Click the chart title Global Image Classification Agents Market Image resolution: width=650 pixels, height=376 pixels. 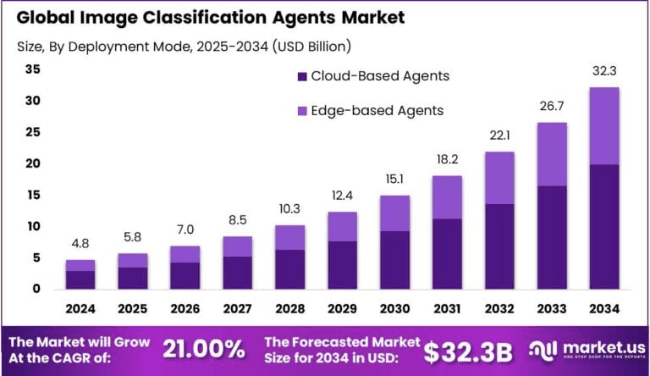(x=205, y=17)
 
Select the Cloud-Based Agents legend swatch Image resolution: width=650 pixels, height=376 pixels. (x=302, y=76)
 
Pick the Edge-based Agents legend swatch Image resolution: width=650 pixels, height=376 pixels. (x=302, y=110)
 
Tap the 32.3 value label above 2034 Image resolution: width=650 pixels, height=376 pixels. (x=604, y=74)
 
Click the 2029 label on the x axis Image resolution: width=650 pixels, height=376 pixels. (x=343, y=309)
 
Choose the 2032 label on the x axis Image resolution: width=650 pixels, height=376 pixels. (x=499, y=309)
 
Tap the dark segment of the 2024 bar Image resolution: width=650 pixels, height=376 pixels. (x=81, y=279)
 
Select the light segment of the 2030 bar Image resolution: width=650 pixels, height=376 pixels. (x=395, y=213)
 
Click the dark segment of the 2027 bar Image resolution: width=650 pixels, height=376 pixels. (x=238, y=272)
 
